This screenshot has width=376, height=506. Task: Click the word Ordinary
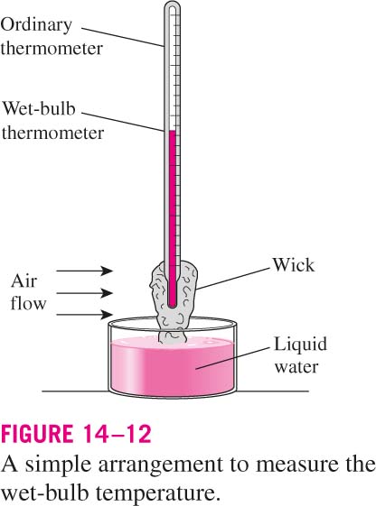[36, 25]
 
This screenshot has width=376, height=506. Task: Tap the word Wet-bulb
[39, 108]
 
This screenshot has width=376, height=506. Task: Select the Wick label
[293, 265]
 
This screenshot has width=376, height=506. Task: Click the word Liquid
[300, 345]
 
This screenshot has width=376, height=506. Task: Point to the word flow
[28, 303]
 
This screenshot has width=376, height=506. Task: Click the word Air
[23, 281]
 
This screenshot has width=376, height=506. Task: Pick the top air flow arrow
[85, 271]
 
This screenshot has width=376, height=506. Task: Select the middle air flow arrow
[85, 293]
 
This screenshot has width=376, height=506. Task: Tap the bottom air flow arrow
[85, 314]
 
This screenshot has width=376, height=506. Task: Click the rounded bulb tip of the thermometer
[173, 303]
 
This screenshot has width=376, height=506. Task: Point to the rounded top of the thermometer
[172, 5]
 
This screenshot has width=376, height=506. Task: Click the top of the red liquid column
[173, 132]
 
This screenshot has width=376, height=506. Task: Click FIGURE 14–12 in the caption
[76, 433]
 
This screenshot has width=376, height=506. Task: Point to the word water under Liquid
[296, 367]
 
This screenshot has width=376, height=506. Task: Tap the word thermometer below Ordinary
[52, 49]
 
